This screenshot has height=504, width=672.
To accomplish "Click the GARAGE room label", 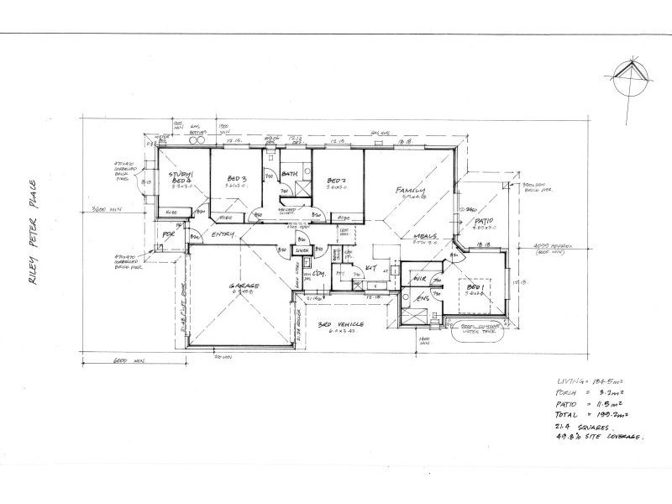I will [244, 287].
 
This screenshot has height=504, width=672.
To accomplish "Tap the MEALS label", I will [427, 236].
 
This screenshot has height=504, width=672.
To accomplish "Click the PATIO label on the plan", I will [486, 221].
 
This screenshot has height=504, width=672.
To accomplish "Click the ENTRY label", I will [223, 234].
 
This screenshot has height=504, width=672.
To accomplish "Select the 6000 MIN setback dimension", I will [128, 362].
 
